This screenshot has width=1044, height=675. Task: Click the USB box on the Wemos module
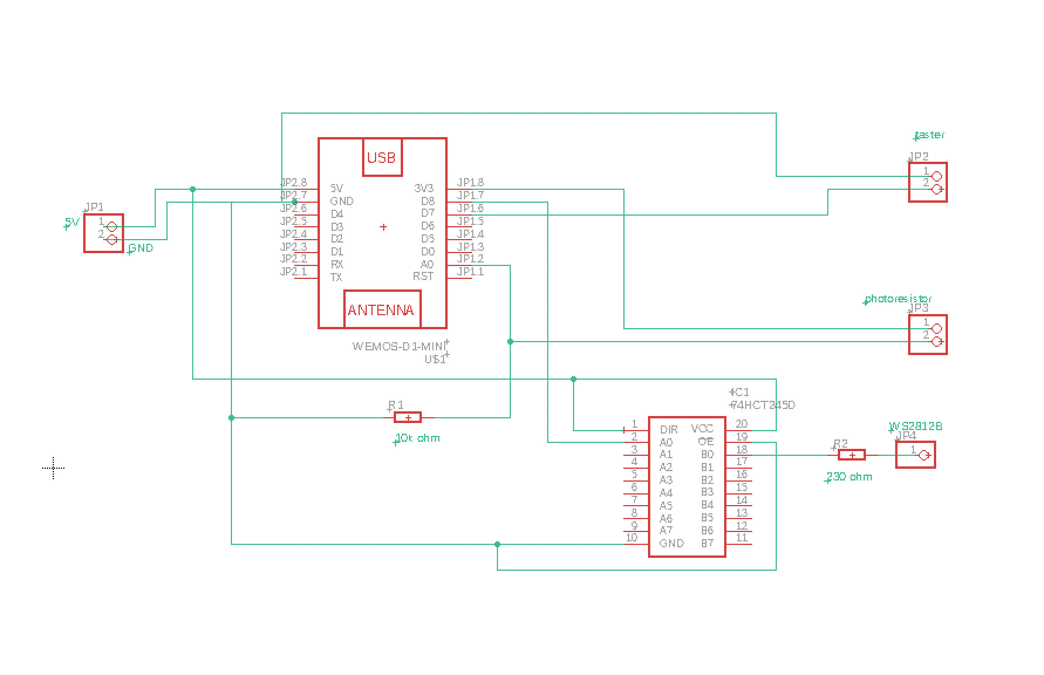(382, 157)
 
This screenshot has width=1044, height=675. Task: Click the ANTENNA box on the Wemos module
(381, 309)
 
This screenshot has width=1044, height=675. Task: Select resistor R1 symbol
(408, 417)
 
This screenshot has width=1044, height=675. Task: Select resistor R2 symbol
(852, 455)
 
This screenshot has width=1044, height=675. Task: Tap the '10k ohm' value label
(418, 438)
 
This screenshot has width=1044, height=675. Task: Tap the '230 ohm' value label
(849, 477)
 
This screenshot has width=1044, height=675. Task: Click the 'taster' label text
(930, 135)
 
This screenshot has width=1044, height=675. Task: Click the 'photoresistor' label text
(898, 299)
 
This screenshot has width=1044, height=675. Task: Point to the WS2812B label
(916, 426)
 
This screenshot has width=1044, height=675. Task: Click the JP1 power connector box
(104, 233)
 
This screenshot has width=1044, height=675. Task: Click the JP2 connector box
(927, 182)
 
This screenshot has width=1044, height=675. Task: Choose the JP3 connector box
(927, 335)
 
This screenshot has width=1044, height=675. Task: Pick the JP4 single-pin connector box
(915, 455)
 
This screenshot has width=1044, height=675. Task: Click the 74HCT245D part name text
(763, 405)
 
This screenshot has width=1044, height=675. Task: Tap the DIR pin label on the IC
(668, 429)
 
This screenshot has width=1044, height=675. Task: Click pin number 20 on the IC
(741, 424)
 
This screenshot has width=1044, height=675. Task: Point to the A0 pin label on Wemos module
(427, 264)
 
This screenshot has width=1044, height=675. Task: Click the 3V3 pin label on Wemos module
(424, 188)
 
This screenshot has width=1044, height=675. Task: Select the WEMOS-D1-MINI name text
(398, 346)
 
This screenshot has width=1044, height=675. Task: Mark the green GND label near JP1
(141, 248)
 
